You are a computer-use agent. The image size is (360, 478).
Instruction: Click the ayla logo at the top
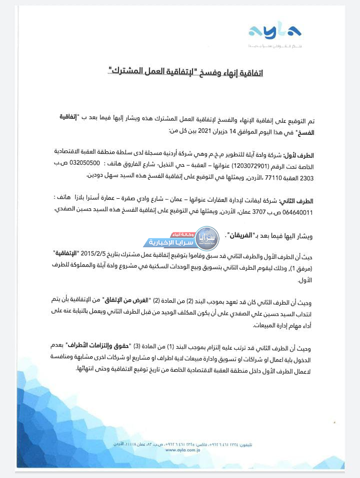pyautogui.click(x=274, y=31)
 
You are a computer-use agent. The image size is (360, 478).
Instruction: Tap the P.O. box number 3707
pyautogui.click(x=266, y=212)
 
